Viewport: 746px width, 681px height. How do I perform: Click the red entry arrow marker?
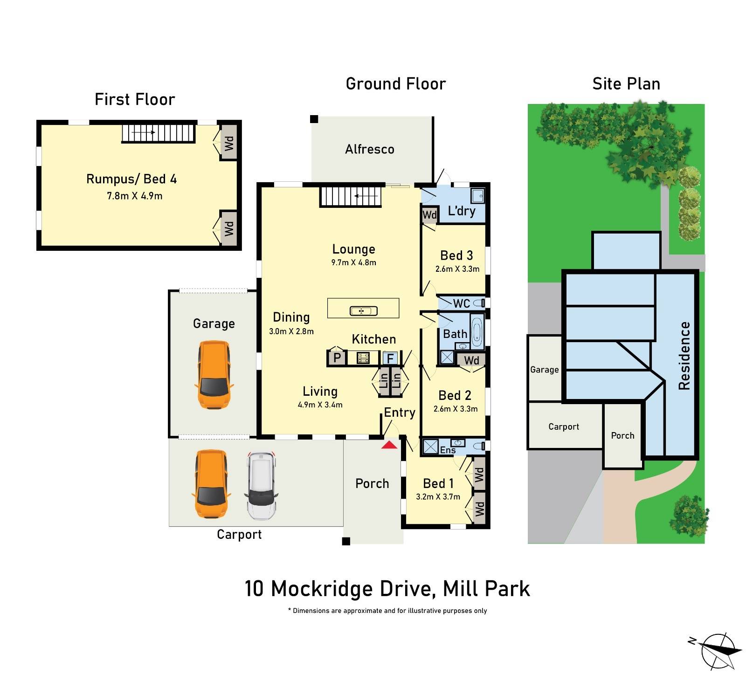pos(389,445)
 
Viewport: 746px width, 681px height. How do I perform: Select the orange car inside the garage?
pos(214,375)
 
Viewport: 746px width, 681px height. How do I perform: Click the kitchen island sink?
pos(363,310)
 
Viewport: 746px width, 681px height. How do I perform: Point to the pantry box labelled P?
pos(337,358)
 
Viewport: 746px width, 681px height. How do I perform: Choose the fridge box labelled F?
pos(390,358)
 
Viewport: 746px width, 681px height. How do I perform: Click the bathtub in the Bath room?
pos(477,331)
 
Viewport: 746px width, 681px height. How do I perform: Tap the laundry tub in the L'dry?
pos(477,196)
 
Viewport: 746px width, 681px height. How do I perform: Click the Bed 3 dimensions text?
pos(457,269)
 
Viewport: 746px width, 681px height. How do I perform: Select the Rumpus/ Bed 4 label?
pos(131,179)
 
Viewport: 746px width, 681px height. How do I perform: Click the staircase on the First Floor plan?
pos(158,133)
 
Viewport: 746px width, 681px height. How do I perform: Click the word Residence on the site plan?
pos(684,355)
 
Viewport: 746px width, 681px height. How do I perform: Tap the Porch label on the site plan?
pos(622,435)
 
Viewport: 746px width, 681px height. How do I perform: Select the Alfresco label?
pos(370,149)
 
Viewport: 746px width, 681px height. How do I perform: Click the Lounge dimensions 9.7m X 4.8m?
pos(353,262)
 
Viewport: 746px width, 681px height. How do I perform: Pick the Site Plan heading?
pos(626,84)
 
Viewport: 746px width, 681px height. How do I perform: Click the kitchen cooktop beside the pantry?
pos(363,358)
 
